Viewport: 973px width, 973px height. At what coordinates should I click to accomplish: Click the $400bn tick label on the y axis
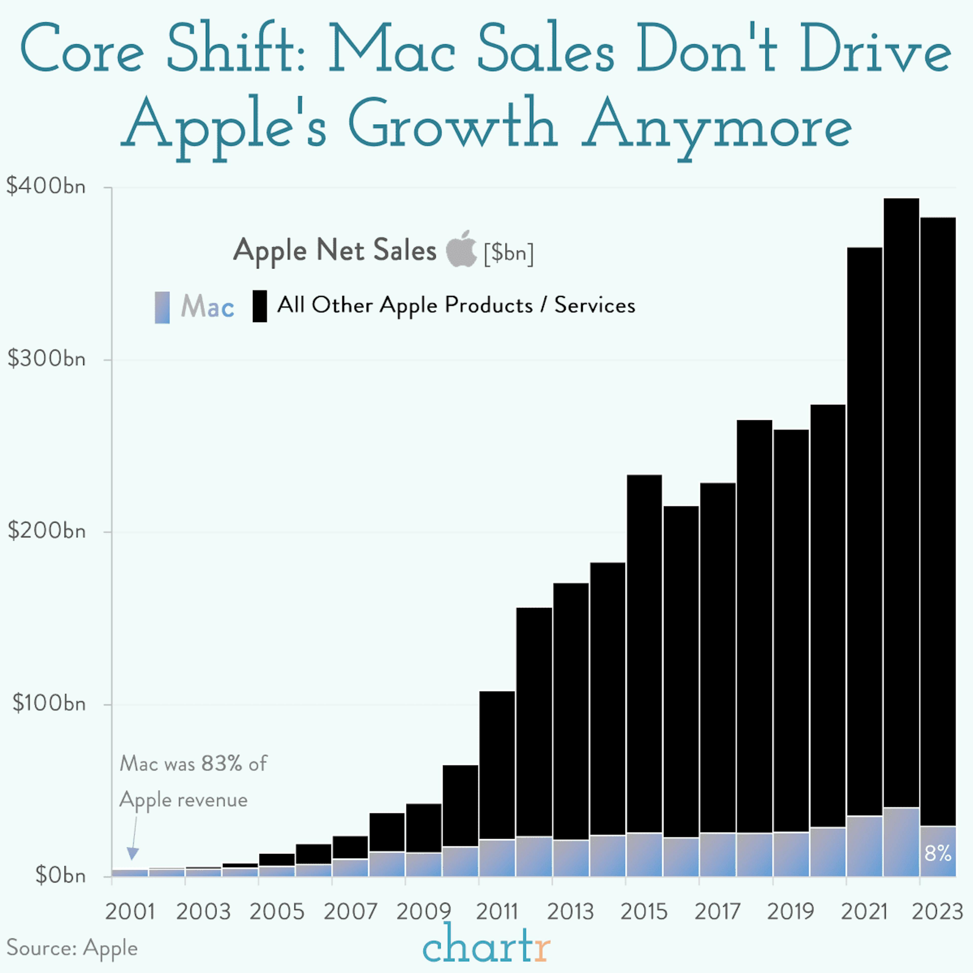tap(45, 186)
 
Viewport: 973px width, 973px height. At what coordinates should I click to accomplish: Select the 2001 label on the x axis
tap(130, 912)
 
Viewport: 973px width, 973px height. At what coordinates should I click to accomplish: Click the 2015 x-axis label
tap(644, 912)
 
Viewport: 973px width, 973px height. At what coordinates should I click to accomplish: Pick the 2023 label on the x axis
tap(937, 912)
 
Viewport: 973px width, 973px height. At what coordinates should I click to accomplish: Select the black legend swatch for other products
tap(259, 306)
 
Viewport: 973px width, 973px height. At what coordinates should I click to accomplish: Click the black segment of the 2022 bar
tap(901, 504)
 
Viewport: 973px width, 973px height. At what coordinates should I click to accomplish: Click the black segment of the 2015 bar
tap(644, 655)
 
